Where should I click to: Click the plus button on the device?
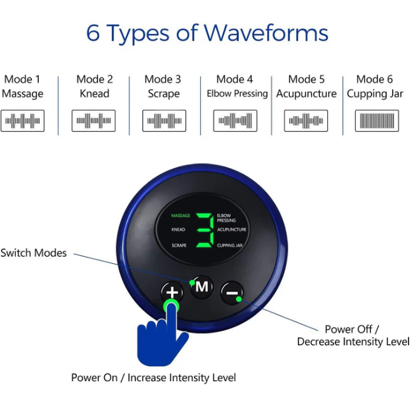click(x=172, y=292)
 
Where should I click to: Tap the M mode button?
click(x=201, y=287)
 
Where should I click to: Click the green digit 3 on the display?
click(x=205, y=230)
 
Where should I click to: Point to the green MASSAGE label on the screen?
click(x=180, y=216)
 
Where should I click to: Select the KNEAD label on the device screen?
click(x=178, y=230)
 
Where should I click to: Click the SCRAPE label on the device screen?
click(x=179, y=245)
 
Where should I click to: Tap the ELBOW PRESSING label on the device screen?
click(x=226, y=218)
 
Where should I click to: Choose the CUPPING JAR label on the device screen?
click(x=230, y=245)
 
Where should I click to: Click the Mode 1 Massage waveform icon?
click(x=22, y=121)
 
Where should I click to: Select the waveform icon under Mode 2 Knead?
click(x=93, y=121)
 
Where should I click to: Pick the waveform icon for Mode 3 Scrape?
click(x=164, y=121)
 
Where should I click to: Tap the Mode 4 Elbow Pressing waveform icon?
click(x=235, y=121)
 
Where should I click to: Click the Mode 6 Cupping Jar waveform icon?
click(x=377, y=121)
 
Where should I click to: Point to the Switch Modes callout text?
click(x=34, y=253)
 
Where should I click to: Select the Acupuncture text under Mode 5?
click(x=306, y=94)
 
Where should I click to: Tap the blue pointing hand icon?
click(x=162, y=334)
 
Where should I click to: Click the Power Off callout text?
click(x=352, y=329)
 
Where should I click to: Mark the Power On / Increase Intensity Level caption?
click(x=154, y=378)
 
